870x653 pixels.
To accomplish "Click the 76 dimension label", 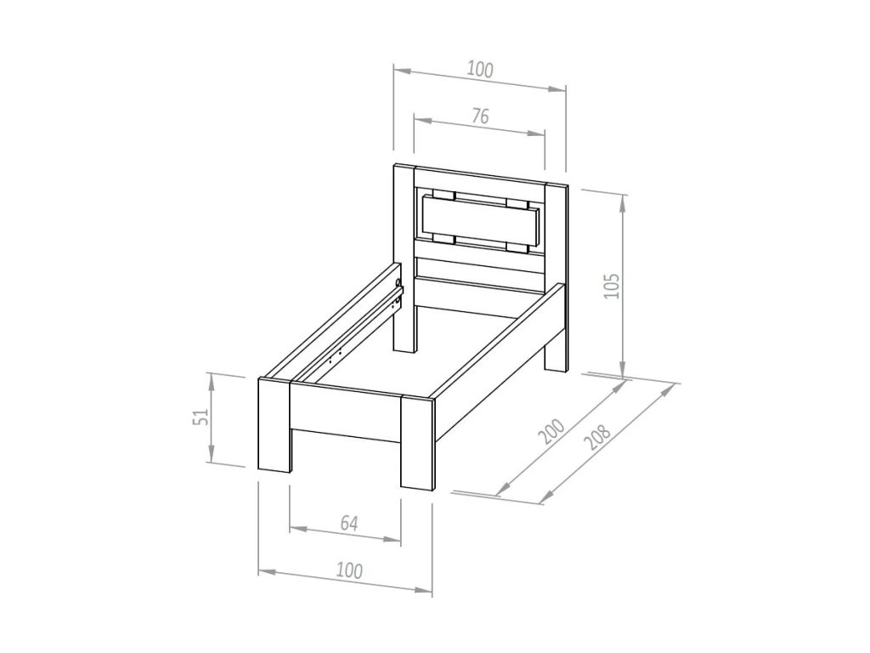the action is pos(481,116).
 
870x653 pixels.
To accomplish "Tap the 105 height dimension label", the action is pos(612,286).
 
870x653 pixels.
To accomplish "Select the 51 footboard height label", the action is pos(201,417).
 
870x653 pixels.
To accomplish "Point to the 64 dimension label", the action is pos(349,523).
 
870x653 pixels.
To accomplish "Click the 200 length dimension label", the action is pos(553,431).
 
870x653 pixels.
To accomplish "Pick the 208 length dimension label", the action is pos(597,437).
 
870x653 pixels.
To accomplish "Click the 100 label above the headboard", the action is pos(480,70).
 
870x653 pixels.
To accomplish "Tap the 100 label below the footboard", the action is pos(349,571).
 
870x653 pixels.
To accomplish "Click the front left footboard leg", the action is pos(274,425).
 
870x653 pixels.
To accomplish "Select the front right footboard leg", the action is pos(417,442).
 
